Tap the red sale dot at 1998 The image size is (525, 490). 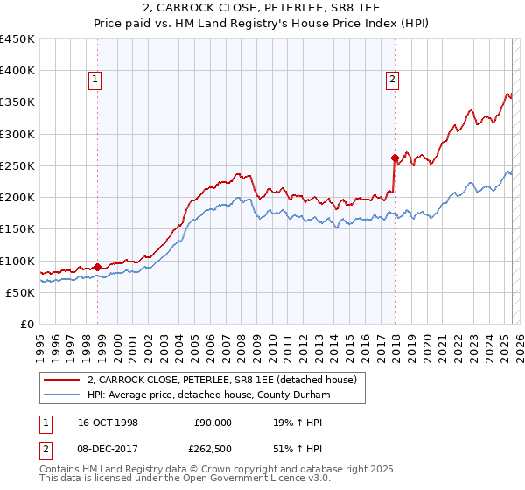(x=98, y=267)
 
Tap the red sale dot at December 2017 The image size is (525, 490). (x=395, y=158)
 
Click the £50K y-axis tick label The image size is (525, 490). (x=21, y=292)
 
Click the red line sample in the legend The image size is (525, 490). (x=62, y=380)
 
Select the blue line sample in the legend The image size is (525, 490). (x=62, y=395)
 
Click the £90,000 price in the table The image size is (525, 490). (x=213, y=423)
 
